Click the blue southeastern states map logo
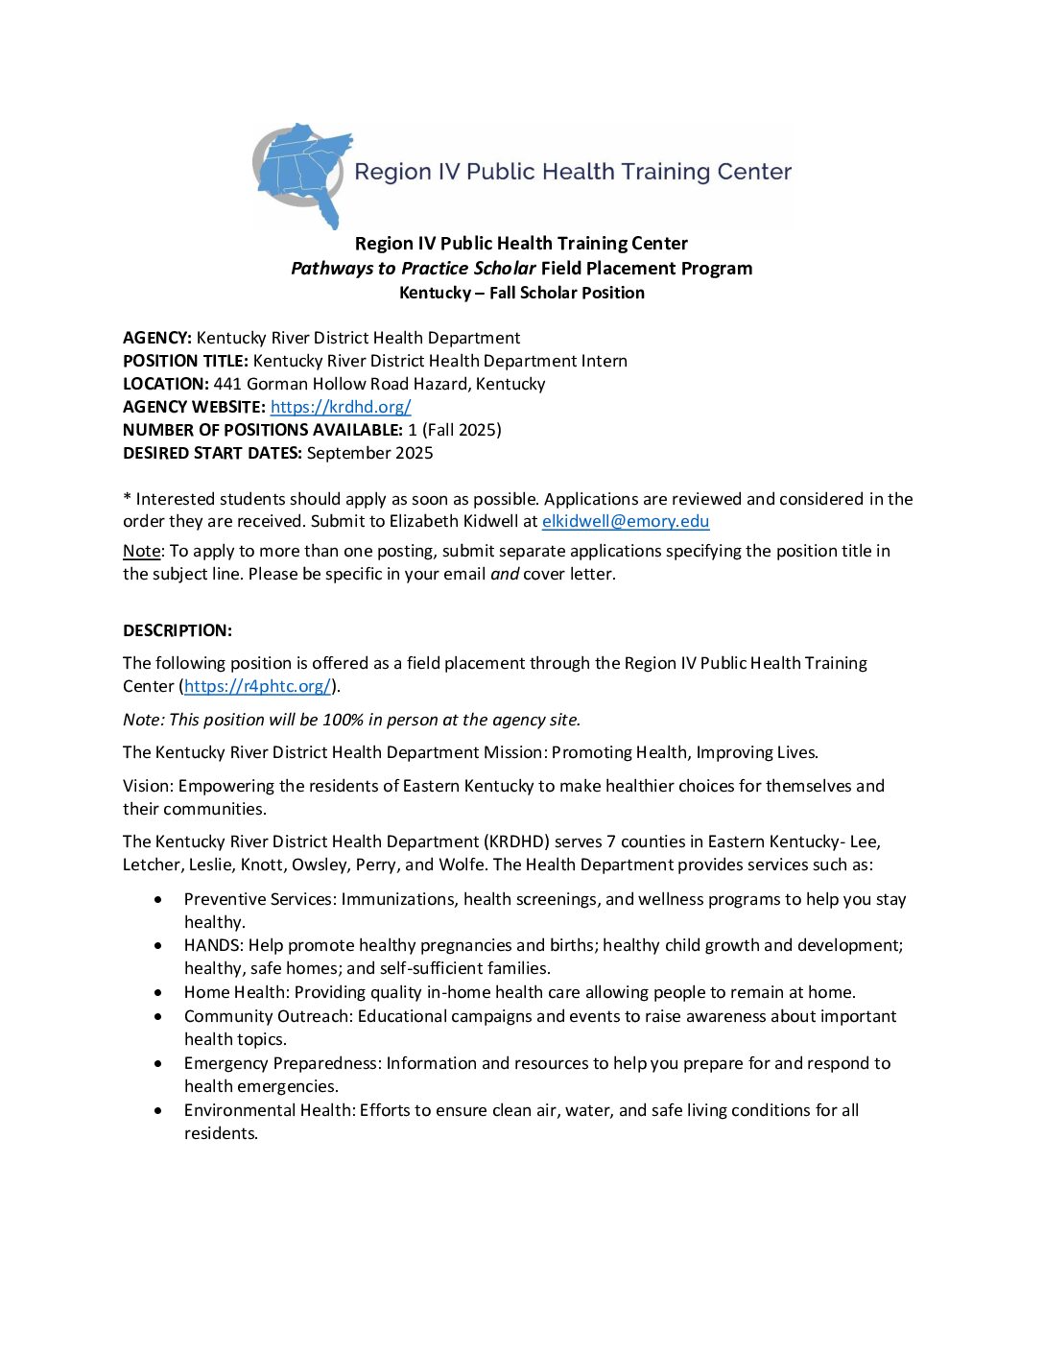(303, 173)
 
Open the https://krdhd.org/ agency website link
(341, 407)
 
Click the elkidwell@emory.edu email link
(626, 522)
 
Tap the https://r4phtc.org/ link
(257, 686)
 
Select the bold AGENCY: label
(157, 338)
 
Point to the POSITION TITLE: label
(185, 361)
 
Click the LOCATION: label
(165, 384)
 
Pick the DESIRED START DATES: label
(212, 453)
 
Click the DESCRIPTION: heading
(178, 630)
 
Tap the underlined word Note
(141, 551)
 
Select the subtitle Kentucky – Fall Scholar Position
(522, 293)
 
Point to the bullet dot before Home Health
(158, 992)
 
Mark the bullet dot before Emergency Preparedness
(158, 1063)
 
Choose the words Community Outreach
(267, 1016)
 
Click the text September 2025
(370, 453)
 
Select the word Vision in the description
(147, 786)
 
